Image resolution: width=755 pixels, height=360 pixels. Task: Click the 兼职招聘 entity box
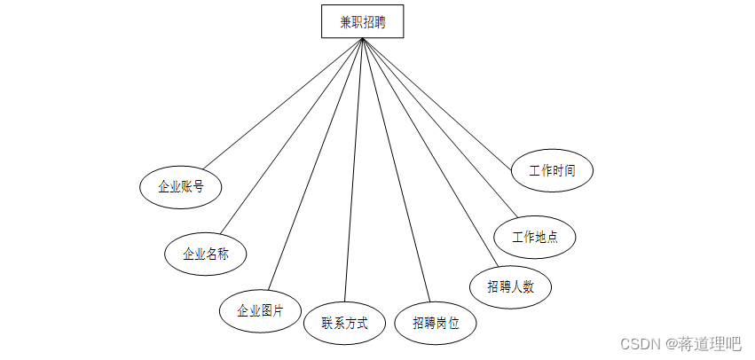click(362, 22)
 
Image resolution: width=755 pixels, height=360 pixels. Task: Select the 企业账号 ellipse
click(181, 187)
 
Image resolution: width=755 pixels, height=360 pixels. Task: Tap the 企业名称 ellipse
click(206, 254)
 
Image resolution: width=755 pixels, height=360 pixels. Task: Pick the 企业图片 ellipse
click(260, 311)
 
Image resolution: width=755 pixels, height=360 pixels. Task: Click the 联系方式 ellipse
click(344, 323)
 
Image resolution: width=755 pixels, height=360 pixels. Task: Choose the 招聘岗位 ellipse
click(436, 324)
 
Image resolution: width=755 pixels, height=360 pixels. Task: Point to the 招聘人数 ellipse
click(510, 286)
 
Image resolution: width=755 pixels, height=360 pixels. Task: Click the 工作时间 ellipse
click(552, 170)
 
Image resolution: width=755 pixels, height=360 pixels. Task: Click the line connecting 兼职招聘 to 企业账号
click(282, 103)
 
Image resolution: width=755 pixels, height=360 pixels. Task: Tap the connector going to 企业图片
click(315, 165)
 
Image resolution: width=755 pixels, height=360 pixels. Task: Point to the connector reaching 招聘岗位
click(395, 170)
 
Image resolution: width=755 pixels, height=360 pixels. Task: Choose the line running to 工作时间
click(437, 99)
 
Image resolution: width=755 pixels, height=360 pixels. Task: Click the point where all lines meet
click(363, 39)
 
